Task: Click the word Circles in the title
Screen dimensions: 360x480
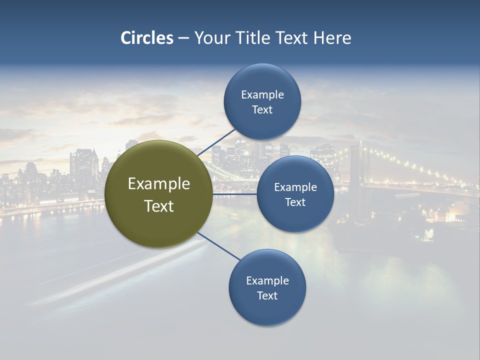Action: (x=147, y=38)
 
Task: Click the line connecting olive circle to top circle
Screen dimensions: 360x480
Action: (x=216, y=142)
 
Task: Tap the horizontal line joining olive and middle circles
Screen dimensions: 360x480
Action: (x=234, y=194)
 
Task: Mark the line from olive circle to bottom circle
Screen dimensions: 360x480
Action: (x=218, y=246)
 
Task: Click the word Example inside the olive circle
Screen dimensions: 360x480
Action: (x=159, y=184)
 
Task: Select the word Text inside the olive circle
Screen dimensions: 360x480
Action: (x=159, y=206)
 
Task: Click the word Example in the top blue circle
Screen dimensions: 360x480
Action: (x=262, y=95)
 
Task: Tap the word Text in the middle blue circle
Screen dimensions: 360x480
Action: (x=295, y=202)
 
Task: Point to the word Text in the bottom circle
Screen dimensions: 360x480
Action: (x=267, y=296)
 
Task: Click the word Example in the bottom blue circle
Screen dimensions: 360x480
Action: (x=267, y=281)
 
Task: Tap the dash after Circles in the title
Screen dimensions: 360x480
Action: (x=183, y=38)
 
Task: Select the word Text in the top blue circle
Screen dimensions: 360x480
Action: (x=262, y=110)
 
